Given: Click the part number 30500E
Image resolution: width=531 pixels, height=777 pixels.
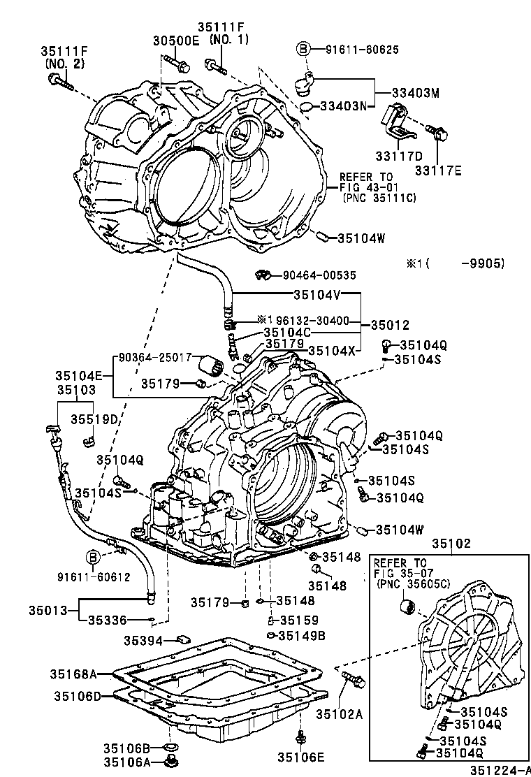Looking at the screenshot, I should click(177, 41).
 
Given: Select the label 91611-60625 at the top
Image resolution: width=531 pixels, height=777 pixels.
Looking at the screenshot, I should click(361, 50).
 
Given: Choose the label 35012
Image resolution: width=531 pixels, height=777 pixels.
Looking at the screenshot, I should click(390, 325).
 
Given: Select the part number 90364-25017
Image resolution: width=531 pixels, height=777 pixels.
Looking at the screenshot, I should click(154, 357).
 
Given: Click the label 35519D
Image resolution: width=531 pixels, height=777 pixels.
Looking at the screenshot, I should click(94, 419).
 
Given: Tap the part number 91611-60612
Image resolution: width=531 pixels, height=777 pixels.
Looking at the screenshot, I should click(94, 576).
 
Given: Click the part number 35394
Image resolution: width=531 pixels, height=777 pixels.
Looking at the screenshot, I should click(144, 640).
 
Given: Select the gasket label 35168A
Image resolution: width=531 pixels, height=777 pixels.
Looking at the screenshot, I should click(73, 674).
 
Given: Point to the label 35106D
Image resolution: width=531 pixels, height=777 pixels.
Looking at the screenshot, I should click(78, 696).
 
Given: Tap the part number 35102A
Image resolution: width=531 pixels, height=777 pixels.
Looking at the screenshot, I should click(340, 713).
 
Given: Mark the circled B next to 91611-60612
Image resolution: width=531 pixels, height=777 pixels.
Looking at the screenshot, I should click(92, 557).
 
